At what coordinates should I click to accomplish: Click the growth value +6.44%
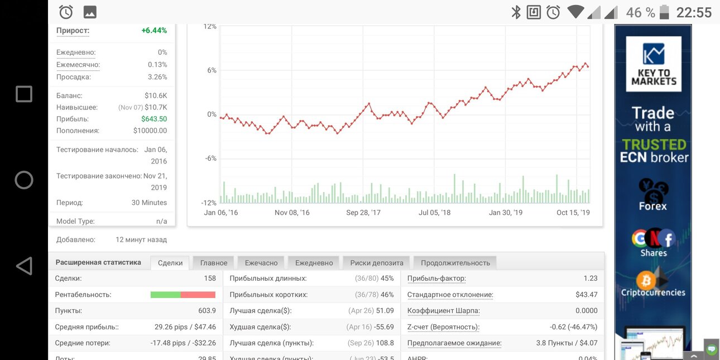click(x=154, y=31)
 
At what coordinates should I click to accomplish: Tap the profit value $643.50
click(x=154, y=119)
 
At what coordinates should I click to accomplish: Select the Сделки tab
click(x=170, y=263)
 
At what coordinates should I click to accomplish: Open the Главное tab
click(x=214, y=263)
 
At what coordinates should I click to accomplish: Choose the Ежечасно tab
click(x=261, y=263)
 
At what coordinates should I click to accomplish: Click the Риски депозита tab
click(x=377, y=263)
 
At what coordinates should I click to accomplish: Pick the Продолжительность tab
click(x=455, y=263)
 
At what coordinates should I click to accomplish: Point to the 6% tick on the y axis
click(x=212, y=70)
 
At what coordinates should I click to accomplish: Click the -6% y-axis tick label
click(x=211, y=159)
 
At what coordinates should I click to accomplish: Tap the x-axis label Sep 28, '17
click(x=363, y=213)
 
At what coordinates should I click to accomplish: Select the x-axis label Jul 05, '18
click(x=434, y=213)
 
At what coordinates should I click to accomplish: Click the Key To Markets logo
click(x=654, y=64)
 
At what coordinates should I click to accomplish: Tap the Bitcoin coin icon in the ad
click(x=646, y=280)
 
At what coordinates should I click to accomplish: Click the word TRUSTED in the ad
click(x=654, y=145)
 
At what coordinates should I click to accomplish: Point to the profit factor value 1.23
click(x=591, y=279)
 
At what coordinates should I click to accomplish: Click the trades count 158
click(x=210, y=279)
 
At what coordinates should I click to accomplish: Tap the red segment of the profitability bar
click(x=198, y=295)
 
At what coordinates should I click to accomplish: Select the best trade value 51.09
click(x=385, y=311)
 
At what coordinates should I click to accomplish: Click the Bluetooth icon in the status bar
click(x=516, y=12)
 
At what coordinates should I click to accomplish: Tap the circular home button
click(x=24, y=180)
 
